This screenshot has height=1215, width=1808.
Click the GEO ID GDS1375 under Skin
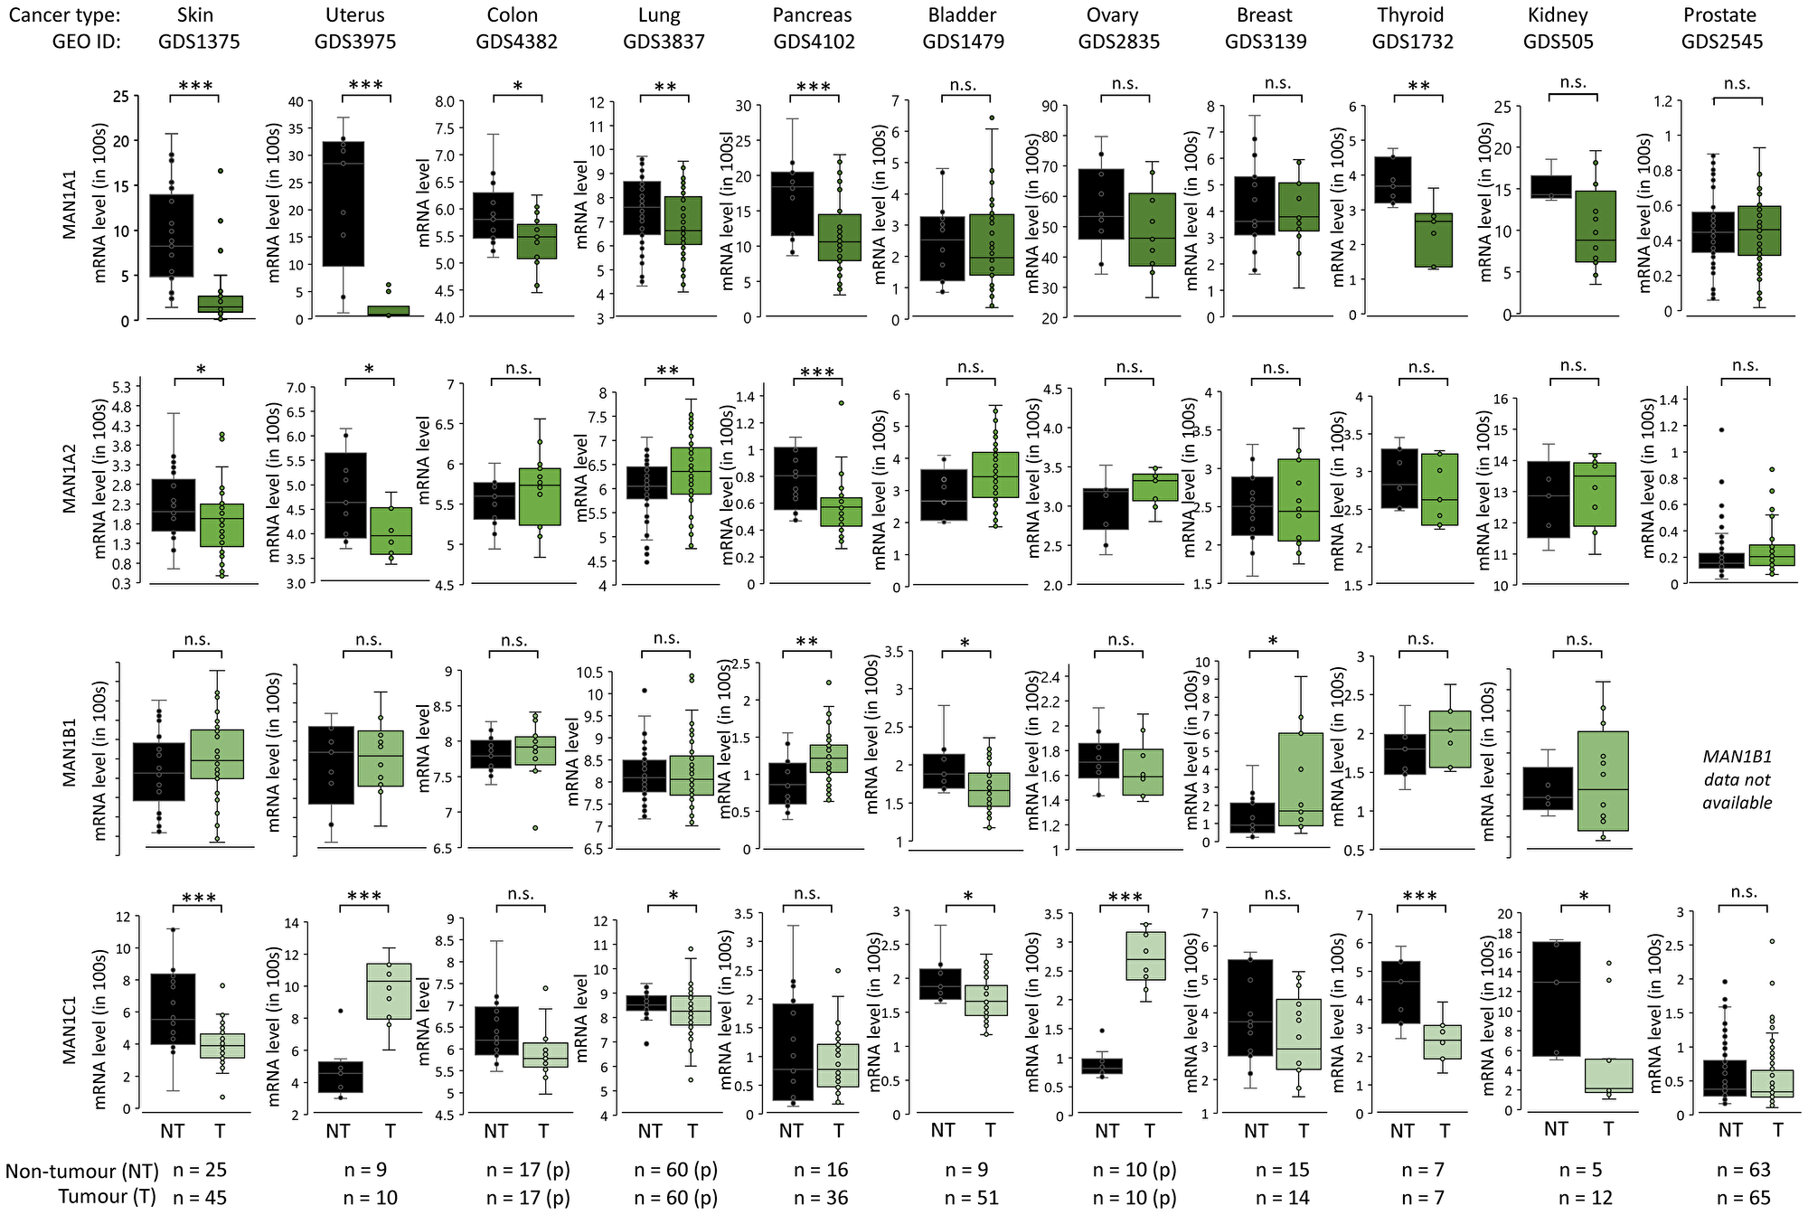199,42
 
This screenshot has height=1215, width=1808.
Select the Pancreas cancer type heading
814,15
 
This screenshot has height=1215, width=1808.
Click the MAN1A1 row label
70,205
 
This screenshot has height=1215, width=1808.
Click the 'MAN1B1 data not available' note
1737,779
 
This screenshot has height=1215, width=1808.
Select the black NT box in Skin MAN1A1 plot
172,235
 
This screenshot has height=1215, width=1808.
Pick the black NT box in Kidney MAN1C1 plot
1556,998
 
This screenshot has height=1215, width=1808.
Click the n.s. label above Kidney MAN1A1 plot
1573,82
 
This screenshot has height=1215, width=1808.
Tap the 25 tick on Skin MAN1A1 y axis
119,96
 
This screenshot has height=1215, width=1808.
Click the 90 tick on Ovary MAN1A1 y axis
1050,107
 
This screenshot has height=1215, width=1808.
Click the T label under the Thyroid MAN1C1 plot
1444,1130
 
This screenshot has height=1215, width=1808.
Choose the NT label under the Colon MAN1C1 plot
496,1130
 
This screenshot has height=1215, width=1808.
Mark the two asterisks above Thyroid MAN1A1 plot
1419,87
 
